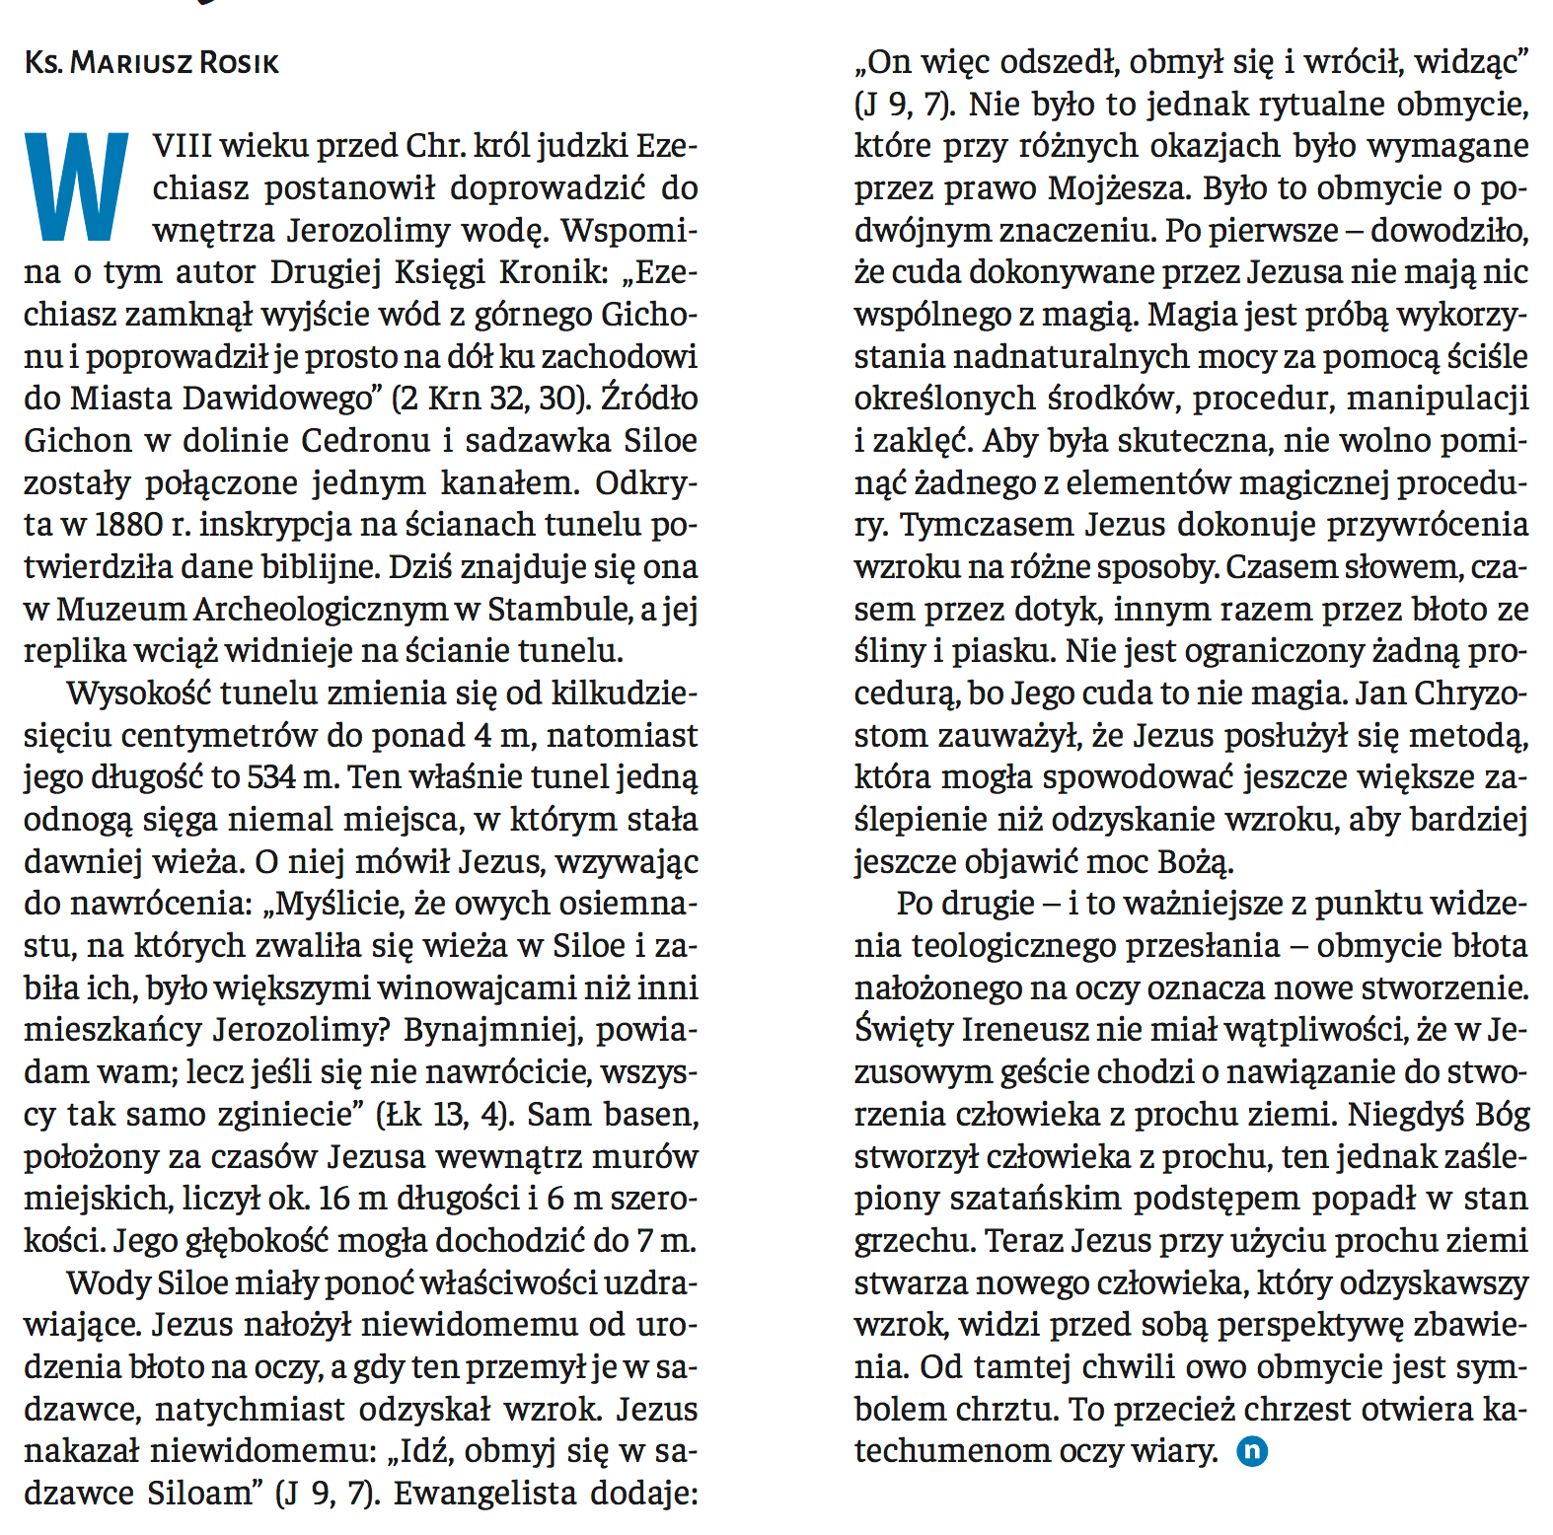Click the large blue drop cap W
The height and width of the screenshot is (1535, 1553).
[77, 187]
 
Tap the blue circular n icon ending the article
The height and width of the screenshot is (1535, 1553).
[1252, 1451]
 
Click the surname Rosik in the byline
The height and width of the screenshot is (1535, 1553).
[239, 64]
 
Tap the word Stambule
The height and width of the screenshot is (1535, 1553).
[559, 610]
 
